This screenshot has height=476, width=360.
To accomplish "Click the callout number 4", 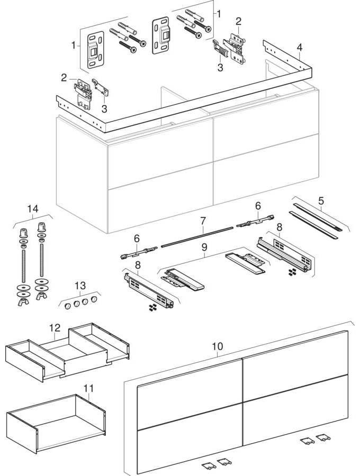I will pyautogui.click(x=299, y=47).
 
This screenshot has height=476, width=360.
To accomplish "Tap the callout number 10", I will pyautogui.click(x=217, y=346).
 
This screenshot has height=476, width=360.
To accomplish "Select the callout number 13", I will pyautogui.click(x=79, y=286).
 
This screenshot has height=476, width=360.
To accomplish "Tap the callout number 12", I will pyautogui.click(x=55, y=328).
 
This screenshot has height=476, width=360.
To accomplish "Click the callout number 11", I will pyautogui.click(x=88, y=389).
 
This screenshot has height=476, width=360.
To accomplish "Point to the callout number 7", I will pyautogui.click(x=204, y=219).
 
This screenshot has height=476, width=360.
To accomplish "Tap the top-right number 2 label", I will pyautogui.click(x=239, y=21).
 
